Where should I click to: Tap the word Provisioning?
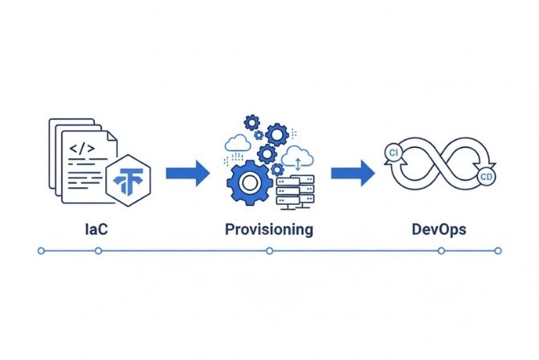[x=269, y=230]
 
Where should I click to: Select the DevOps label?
[x=438, y=230]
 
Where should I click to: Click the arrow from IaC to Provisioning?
[x=187, y=172]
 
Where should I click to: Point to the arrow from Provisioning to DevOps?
[x=353, y=172]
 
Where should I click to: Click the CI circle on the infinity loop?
[x=394, y=152]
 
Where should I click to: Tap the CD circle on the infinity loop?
[x=484, y=177]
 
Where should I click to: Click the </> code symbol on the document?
[x=83, y=149]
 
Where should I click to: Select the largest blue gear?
[x=249, y=183]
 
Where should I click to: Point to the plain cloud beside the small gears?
[x=239, y=142]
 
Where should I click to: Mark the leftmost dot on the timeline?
[x=41, y=251]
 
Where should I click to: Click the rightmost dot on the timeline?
[x=497, y=251]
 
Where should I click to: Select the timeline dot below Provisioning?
[x=269, y=251]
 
